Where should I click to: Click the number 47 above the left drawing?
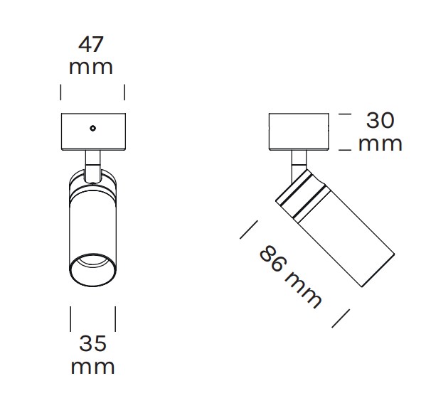(x=91, y=44)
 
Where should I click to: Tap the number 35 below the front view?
(x=92, y=343)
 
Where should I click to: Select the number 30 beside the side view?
(x=380, y=120)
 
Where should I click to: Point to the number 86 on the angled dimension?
(x=273, y=258)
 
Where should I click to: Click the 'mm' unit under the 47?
(x=91, y=68)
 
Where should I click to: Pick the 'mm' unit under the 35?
(x=92, y=367)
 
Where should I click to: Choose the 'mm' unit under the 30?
(x=380, y=144)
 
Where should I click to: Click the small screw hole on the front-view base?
(x=93, y=128)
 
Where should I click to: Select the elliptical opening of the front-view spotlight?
(x=93, y=270)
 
